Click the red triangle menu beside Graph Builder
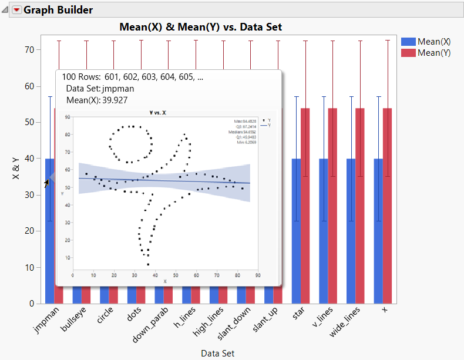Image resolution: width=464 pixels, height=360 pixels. [16, 10]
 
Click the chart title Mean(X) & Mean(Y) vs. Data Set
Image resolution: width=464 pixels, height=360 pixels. [200, 27]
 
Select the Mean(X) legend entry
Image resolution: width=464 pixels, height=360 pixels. [434, 42]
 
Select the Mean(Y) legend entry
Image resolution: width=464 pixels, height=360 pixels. [434, 53]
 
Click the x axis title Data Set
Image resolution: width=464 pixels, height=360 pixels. [218, 353]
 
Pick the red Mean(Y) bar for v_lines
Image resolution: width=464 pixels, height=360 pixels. [332, 206]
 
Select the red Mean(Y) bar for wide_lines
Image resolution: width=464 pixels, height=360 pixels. [360, 206]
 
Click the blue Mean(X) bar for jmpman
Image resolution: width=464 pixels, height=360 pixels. [49, 235]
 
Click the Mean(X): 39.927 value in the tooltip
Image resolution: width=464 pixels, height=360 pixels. [100, 100]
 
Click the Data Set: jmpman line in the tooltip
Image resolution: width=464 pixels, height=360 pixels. [100, 89]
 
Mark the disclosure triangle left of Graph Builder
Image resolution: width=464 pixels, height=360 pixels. [5, 10]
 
